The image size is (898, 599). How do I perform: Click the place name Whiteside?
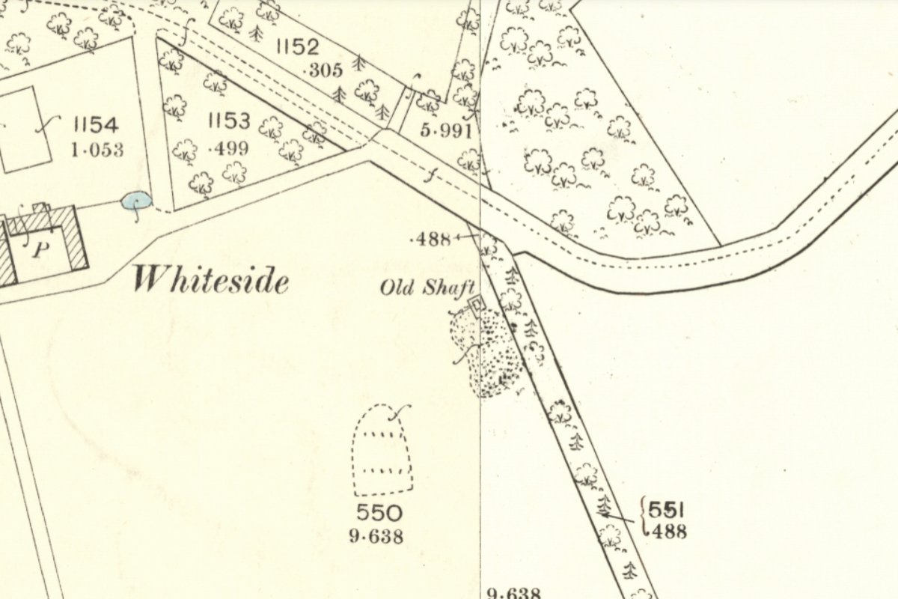210,281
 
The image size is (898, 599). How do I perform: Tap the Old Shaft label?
428,288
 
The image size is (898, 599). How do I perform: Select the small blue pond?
136,201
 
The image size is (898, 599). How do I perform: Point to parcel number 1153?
229,121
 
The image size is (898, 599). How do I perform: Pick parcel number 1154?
97,125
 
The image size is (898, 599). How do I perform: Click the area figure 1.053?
97,150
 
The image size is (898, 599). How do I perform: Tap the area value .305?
325,71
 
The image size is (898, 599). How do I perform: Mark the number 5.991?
447,132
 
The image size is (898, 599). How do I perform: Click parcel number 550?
379,514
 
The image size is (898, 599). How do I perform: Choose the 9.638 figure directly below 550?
376,536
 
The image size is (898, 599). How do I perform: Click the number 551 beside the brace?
666,510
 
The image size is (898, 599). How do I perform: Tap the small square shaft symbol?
474,304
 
